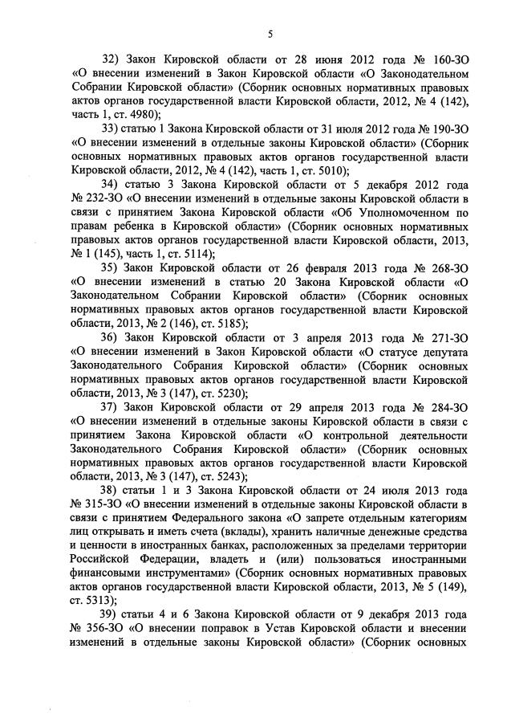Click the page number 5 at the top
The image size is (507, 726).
[x=270, y=33]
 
